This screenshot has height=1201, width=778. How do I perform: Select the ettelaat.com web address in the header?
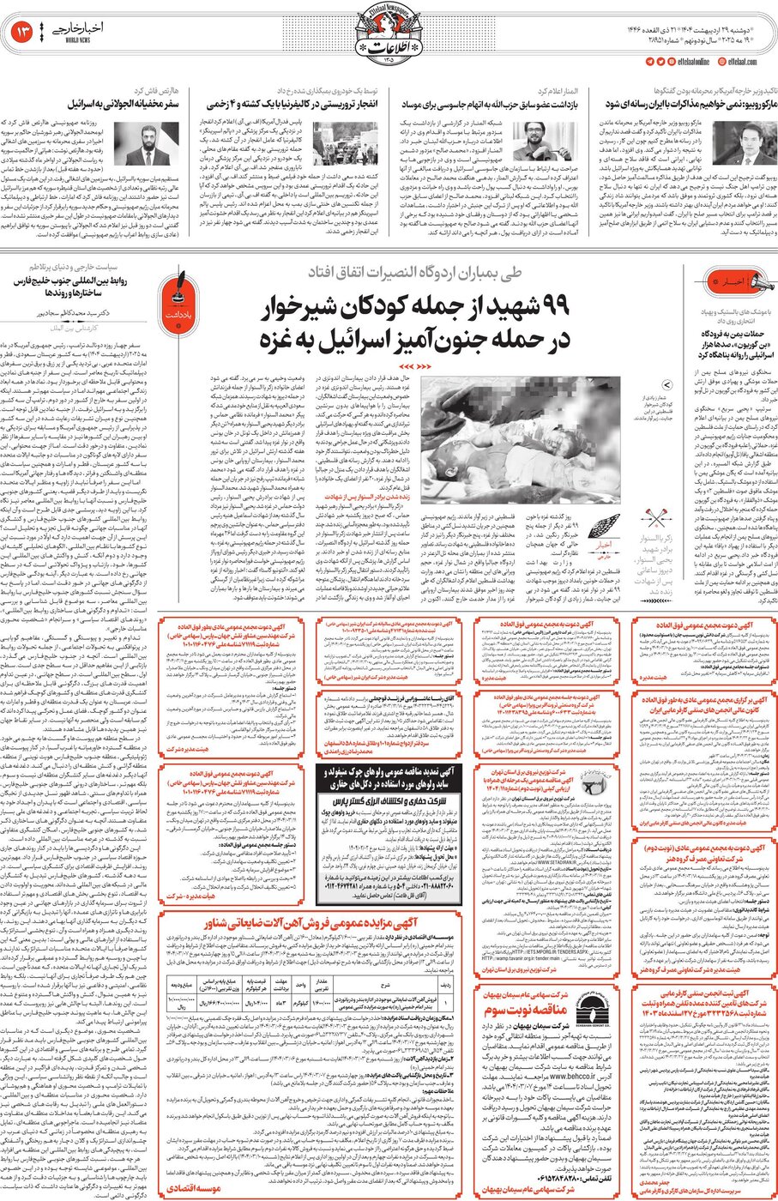(743, 62)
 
